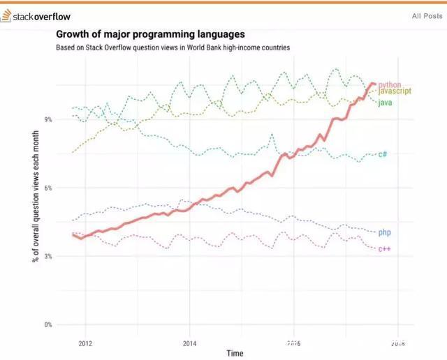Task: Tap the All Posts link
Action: coord(425,15)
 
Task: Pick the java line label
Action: coord(384,103)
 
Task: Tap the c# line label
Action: coord(383,154)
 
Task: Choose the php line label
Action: coord(384,232)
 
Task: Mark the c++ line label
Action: coord(384,249)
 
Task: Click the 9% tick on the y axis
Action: coord(48,120)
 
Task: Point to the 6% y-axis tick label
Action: coord(48,188)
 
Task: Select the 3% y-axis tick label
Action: coord(48,257)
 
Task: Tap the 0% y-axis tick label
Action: coord(48,325)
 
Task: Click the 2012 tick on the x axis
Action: coord(85,343)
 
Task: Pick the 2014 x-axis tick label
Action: coord(190,343)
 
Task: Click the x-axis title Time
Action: coord(235,354)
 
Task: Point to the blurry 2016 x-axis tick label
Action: coord(294,343)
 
